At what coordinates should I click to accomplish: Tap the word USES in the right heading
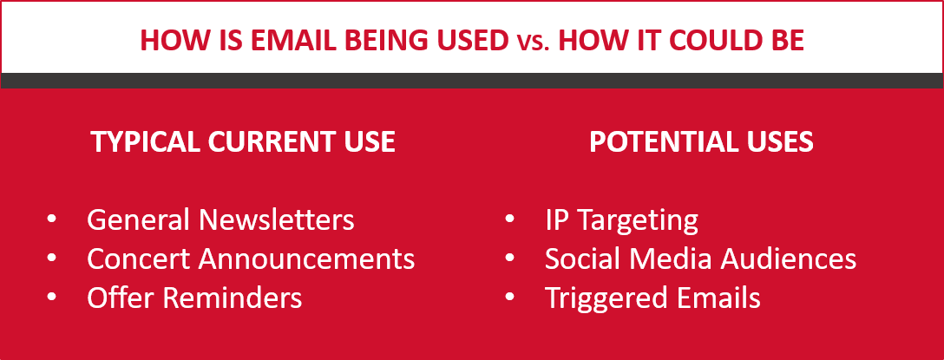[x=777, y=142]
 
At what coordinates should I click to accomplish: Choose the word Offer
[x=120, y=298]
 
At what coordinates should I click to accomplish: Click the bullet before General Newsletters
[x=53, y=220]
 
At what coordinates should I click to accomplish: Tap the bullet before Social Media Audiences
[x=510, y=259]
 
